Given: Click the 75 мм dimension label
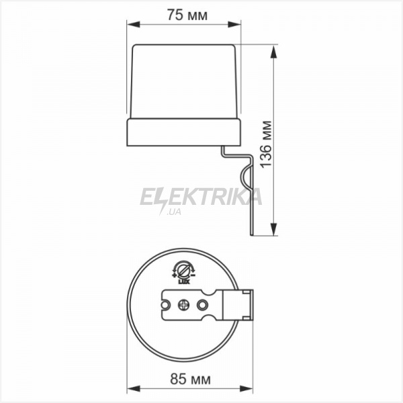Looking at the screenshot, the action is point(187,15).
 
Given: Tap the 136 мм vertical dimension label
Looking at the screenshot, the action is point(266,144).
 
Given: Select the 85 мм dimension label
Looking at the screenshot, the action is point(190,379).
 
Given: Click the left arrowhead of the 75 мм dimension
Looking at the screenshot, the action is point(134,24).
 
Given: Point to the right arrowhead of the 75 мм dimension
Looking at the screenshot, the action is point(234,24).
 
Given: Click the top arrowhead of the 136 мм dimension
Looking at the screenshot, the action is point(274,52).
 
